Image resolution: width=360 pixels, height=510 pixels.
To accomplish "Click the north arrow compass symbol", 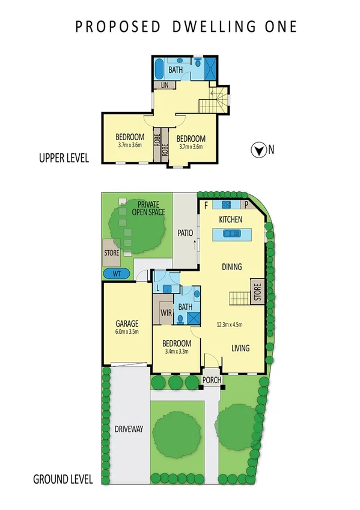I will point(258,150).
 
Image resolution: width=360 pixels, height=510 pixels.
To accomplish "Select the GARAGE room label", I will point(127,322).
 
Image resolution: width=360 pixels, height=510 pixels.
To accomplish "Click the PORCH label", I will point(211,379).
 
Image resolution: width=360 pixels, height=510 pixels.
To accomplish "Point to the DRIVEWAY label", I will point(128,429).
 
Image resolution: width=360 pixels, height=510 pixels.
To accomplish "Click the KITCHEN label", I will point(230,220).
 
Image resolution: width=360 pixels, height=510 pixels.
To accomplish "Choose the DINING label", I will point(232,267).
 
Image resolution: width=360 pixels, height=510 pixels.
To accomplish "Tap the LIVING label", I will point(241,348).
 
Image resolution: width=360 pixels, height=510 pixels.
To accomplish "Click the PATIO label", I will point(184,232).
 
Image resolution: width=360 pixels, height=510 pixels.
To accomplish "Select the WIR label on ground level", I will point(165,313).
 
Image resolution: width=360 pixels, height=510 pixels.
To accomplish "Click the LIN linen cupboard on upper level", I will point(164,85).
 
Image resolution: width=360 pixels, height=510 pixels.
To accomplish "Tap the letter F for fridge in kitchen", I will point(207,205).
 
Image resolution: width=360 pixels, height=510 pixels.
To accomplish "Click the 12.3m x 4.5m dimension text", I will point(229,325).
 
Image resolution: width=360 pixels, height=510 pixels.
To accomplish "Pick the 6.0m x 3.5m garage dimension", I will point(127,331).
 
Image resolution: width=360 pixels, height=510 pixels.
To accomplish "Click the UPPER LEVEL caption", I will point(64,159).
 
